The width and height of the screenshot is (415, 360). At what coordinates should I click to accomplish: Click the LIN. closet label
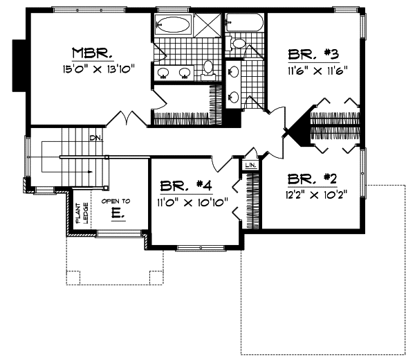pos(250,166)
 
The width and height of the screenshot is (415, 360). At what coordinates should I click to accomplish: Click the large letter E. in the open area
pos(116,214)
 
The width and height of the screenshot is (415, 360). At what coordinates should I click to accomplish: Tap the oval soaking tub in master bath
pos(172,26)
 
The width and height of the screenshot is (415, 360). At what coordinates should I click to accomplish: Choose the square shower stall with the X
pos(205,26)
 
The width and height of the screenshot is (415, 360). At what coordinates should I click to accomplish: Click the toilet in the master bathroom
pos(207,68)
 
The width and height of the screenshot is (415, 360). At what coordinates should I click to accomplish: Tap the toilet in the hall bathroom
pos(239,44)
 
